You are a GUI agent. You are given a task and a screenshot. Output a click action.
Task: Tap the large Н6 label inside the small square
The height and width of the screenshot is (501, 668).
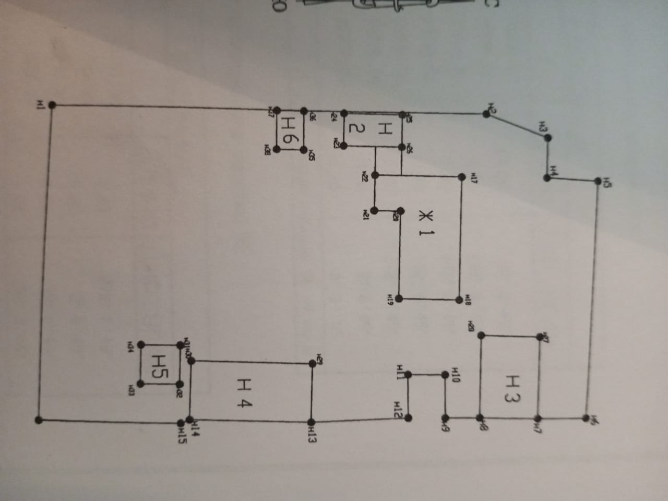(290, 132)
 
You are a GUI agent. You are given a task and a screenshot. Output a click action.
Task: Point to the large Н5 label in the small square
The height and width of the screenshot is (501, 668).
(160, 364)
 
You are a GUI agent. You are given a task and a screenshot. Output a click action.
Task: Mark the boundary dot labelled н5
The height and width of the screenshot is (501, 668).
(599, 181)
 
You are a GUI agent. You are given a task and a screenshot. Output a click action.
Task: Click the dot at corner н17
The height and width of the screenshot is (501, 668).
(461, 177)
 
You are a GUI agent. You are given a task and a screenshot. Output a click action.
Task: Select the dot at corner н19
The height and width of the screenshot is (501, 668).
(399, 299)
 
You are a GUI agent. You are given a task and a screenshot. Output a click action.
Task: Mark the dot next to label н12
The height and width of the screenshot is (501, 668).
(408, 417)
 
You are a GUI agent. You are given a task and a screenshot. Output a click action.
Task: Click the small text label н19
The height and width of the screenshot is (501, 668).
(390, 299)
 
